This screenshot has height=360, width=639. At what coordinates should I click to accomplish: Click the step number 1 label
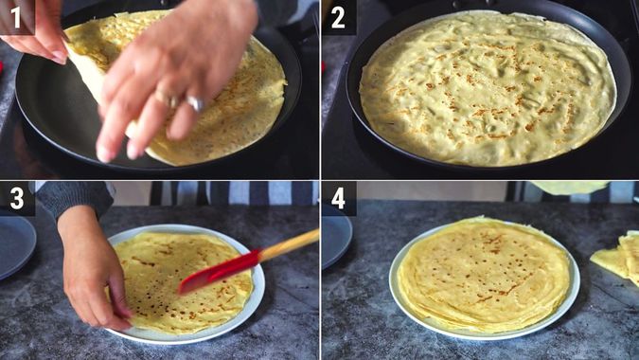(16, 16)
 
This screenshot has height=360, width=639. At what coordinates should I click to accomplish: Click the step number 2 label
(338, 16)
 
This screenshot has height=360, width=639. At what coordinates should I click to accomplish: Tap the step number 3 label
(16, 199)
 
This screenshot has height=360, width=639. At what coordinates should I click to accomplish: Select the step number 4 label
(338, 199)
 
